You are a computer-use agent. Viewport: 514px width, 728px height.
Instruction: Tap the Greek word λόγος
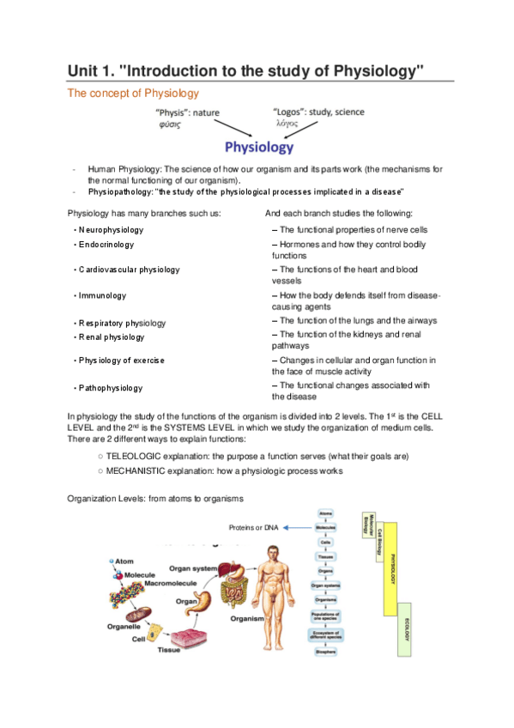coord(287,124)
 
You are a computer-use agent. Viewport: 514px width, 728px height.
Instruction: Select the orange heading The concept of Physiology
coord(133,93)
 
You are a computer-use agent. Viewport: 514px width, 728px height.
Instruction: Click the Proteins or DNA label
coord(254,527)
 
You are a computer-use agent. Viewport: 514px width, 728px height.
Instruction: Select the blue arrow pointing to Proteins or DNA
coord(297,527)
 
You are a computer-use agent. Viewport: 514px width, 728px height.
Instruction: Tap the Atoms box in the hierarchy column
coord(325,513)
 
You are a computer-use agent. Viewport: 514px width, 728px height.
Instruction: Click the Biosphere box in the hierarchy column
coord(325,652)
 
